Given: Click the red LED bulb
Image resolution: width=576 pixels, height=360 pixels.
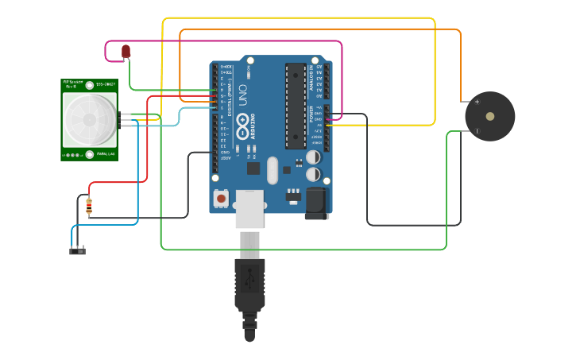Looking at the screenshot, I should click(126, 52).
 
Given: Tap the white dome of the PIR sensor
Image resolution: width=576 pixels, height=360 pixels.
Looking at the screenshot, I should click(90, 119).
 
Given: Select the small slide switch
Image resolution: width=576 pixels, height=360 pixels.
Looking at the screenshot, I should click(77, 251).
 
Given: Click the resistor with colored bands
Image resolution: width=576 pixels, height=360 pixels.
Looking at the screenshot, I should click(88, 207).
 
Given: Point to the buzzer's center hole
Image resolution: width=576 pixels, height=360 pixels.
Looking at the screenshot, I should click(490, 116).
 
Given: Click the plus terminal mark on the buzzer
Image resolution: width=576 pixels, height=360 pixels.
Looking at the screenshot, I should click(477, 102).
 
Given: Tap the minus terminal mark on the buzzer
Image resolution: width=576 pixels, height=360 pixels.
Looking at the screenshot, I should click(477, 131).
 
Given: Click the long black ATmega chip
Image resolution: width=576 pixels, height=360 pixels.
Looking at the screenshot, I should click(296, 106).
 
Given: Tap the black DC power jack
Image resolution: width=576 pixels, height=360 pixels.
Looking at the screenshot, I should click(316, 203).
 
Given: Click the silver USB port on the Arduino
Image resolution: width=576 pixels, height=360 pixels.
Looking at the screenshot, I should click(249, 209).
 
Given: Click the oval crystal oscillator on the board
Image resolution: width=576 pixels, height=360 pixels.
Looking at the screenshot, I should click(273, 170).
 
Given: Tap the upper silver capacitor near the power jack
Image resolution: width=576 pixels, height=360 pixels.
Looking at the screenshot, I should click(314, 157).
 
